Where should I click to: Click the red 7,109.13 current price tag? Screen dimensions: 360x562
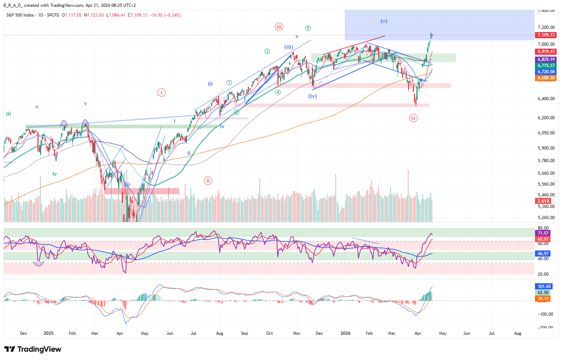point(546,35)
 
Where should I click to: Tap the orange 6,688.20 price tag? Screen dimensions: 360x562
point(546,78)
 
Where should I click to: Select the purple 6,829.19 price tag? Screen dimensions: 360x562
point(546,59)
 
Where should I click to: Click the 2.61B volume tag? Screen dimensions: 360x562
point(543,201)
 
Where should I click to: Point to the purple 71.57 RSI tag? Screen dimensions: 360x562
point(543,233)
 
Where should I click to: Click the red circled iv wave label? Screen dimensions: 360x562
point(413,118)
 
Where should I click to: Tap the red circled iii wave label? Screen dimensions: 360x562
point(279,27)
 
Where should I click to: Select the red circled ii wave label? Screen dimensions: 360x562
point(208,181)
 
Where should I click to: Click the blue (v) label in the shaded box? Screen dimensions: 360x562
point(384,21)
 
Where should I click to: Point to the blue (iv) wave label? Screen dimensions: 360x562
point(312,96)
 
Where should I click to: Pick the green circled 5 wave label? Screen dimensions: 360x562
point(308,28)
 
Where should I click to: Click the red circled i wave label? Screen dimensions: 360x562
point(161,92)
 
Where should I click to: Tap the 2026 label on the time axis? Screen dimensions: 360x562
point(345,333)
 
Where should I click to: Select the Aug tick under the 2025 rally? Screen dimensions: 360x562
point(219,333)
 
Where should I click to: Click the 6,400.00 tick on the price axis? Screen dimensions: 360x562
point(546,99)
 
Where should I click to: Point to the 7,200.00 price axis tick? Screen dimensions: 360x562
point(546,27)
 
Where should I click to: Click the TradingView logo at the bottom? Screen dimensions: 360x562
point(33,349)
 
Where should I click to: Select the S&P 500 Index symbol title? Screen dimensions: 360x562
point(20,15)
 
